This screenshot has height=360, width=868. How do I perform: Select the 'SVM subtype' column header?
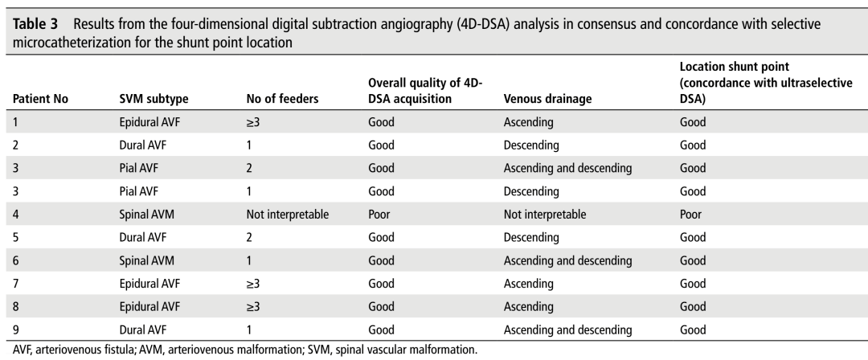coord(149,100)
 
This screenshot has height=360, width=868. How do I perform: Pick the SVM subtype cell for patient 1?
coord(149,123)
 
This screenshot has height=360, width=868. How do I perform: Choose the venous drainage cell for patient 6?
coord(567,260)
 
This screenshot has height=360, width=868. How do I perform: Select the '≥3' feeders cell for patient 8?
coord(253,306)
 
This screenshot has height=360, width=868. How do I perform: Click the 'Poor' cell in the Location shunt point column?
coord(689,215)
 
